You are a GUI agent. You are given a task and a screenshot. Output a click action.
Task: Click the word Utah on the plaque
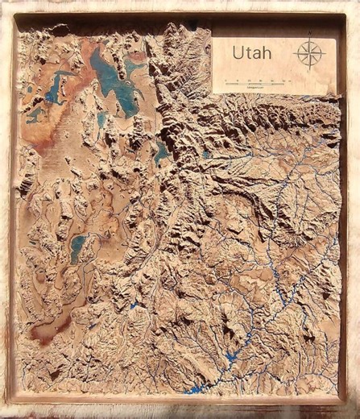[251, 53]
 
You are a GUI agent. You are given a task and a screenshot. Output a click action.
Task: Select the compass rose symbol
[310, 54]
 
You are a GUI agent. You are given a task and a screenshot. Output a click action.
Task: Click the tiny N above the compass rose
[310, 35]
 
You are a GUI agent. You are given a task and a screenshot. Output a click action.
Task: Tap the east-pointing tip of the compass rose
[324, 54]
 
